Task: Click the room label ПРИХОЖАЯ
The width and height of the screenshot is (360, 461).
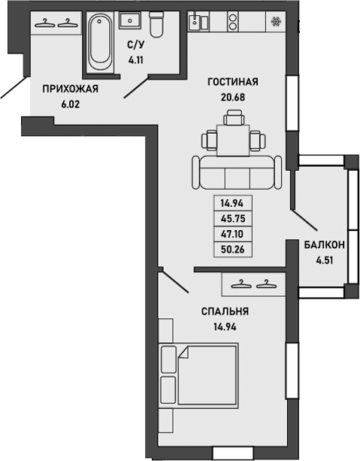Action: click(x=71, y=89)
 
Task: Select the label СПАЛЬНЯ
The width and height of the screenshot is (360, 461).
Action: click(x=225, y=311)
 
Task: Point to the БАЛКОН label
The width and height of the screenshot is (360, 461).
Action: click(x=325, y=244)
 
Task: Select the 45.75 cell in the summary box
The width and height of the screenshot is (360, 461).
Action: click(x=233, y=219)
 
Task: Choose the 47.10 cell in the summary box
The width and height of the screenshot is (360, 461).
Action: click(x=233, y=234)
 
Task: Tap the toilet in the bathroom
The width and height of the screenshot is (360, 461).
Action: click(x=156, y=26)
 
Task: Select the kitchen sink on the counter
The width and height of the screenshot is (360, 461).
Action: click(x=198, y=21)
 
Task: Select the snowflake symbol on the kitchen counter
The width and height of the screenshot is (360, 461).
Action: click(x=276, y=21)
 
